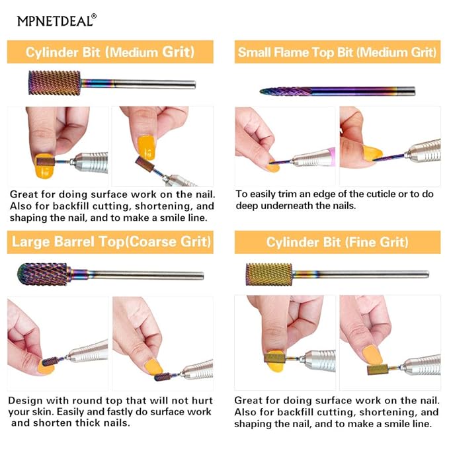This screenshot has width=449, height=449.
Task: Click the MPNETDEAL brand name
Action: (x=54, y=21)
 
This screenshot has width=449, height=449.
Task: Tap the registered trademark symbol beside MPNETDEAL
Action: (x=94, y=17)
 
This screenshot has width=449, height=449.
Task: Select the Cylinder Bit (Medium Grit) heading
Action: (x=110, y=52)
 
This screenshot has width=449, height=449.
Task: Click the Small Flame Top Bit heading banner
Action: (x=337, y=52)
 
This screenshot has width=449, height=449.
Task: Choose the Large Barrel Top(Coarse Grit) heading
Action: (x=111, y=241)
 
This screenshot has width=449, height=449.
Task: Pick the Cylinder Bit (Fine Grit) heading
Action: (x=337, y=242)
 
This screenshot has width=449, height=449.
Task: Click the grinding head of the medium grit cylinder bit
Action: (x=54, y=83)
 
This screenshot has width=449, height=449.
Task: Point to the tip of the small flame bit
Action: (x=261, y=92)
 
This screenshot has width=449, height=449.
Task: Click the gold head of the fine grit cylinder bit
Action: (x=269, y=274)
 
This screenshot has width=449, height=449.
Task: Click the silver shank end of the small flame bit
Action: (x=406, y=91)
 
